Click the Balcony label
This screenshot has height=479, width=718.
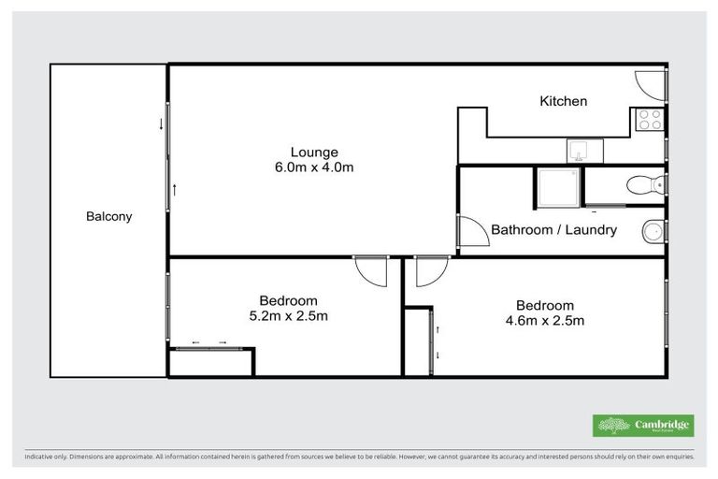[x=108, y=216]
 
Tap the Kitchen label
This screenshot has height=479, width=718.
[x=564, y=101]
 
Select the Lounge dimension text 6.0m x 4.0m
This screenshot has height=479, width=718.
[x=313, y=167]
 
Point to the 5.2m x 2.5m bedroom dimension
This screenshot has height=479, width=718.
[x=288, y=315]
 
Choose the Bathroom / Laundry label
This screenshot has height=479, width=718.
[x=553, y=229]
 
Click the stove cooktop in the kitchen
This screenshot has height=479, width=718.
[x=649, y=119]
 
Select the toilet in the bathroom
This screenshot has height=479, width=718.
[x=646, y=183]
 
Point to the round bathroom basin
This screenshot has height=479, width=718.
[x=654, y=230]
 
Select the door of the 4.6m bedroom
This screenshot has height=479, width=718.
[x=430, y=271]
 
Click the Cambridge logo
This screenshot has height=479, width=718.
[x=643, y=426]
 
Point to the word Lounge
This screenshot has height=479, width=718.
[x=313, y=152]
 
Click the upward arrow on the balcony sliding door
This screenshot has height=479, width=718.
[x=174, y=189]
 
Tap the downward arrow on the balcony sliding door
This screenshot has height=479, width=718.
[x=161, y=123]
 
